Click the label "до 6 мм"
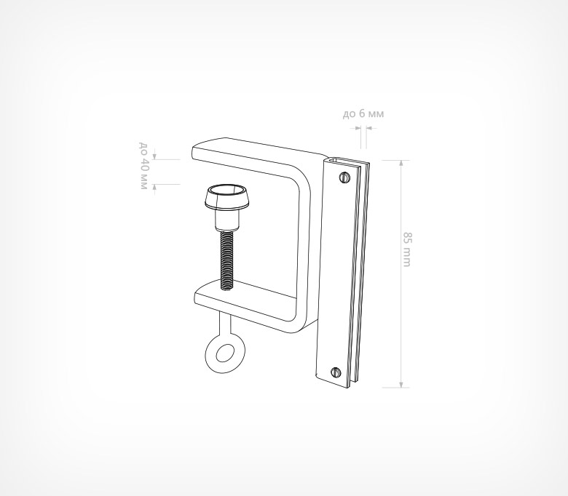coord(363,113)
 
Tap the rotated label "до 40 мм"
coord(143,167)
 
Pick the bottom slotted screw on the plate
coord(336,372)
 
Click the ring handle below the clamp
coord(221,353)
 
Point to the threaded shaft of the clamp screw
coord(226,257)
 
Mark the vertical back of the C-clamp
coord(304,240)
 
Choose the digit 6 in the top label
coord(362,113)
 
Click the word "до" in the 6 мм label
coord(349,114)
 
